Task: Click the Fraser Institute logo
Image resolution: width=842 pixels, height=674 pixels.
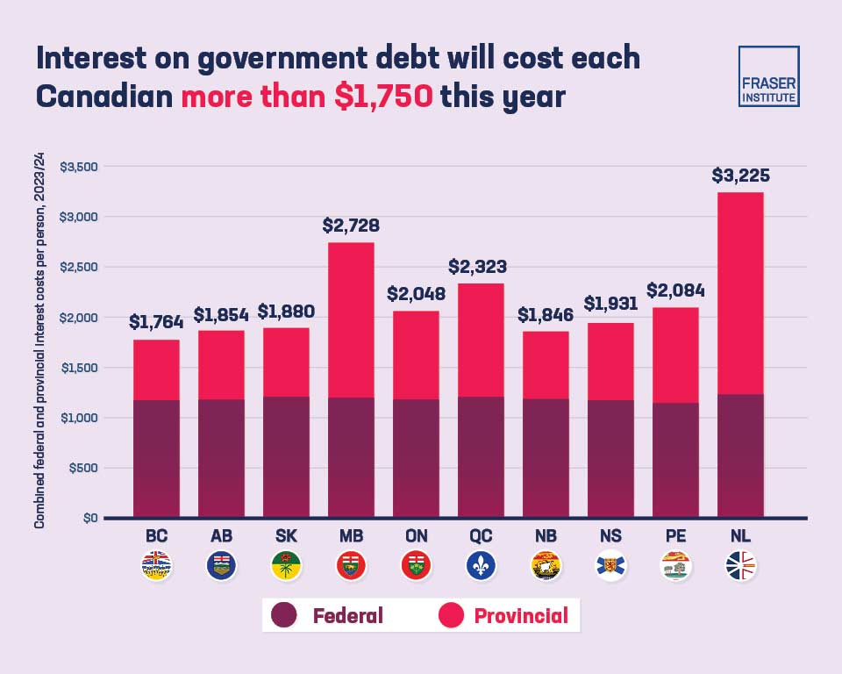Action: (x=768, y=76)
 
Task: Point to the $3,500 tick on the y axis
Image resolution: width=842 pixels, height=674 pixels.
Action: (x=79, y=167)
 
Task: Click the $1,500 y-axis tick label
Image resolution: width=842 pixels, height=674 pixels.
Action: (x=79, y=368)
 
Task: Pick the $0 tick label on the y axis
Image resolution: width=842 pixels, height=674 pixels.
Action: (x=88, y=518)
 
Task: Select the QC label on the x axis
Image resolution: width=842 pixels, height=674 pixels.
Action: (x=481, y=536)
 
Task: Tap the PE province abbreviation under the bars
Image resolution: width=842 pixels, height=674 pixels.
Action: (x=675, y=536)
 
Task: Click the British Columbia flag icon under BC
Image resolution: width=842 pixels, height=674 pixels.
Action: (x=156, y=566)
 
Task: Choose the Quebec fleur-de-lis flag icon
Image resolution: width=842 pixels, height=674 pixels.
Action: (x=481, y=566)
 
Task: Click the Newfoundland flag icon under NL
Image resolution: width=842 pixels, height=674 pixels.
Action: (x=740, y=566)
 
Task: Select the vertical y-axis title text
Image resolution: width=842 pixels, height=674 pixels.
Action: (x=39, y=342)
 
